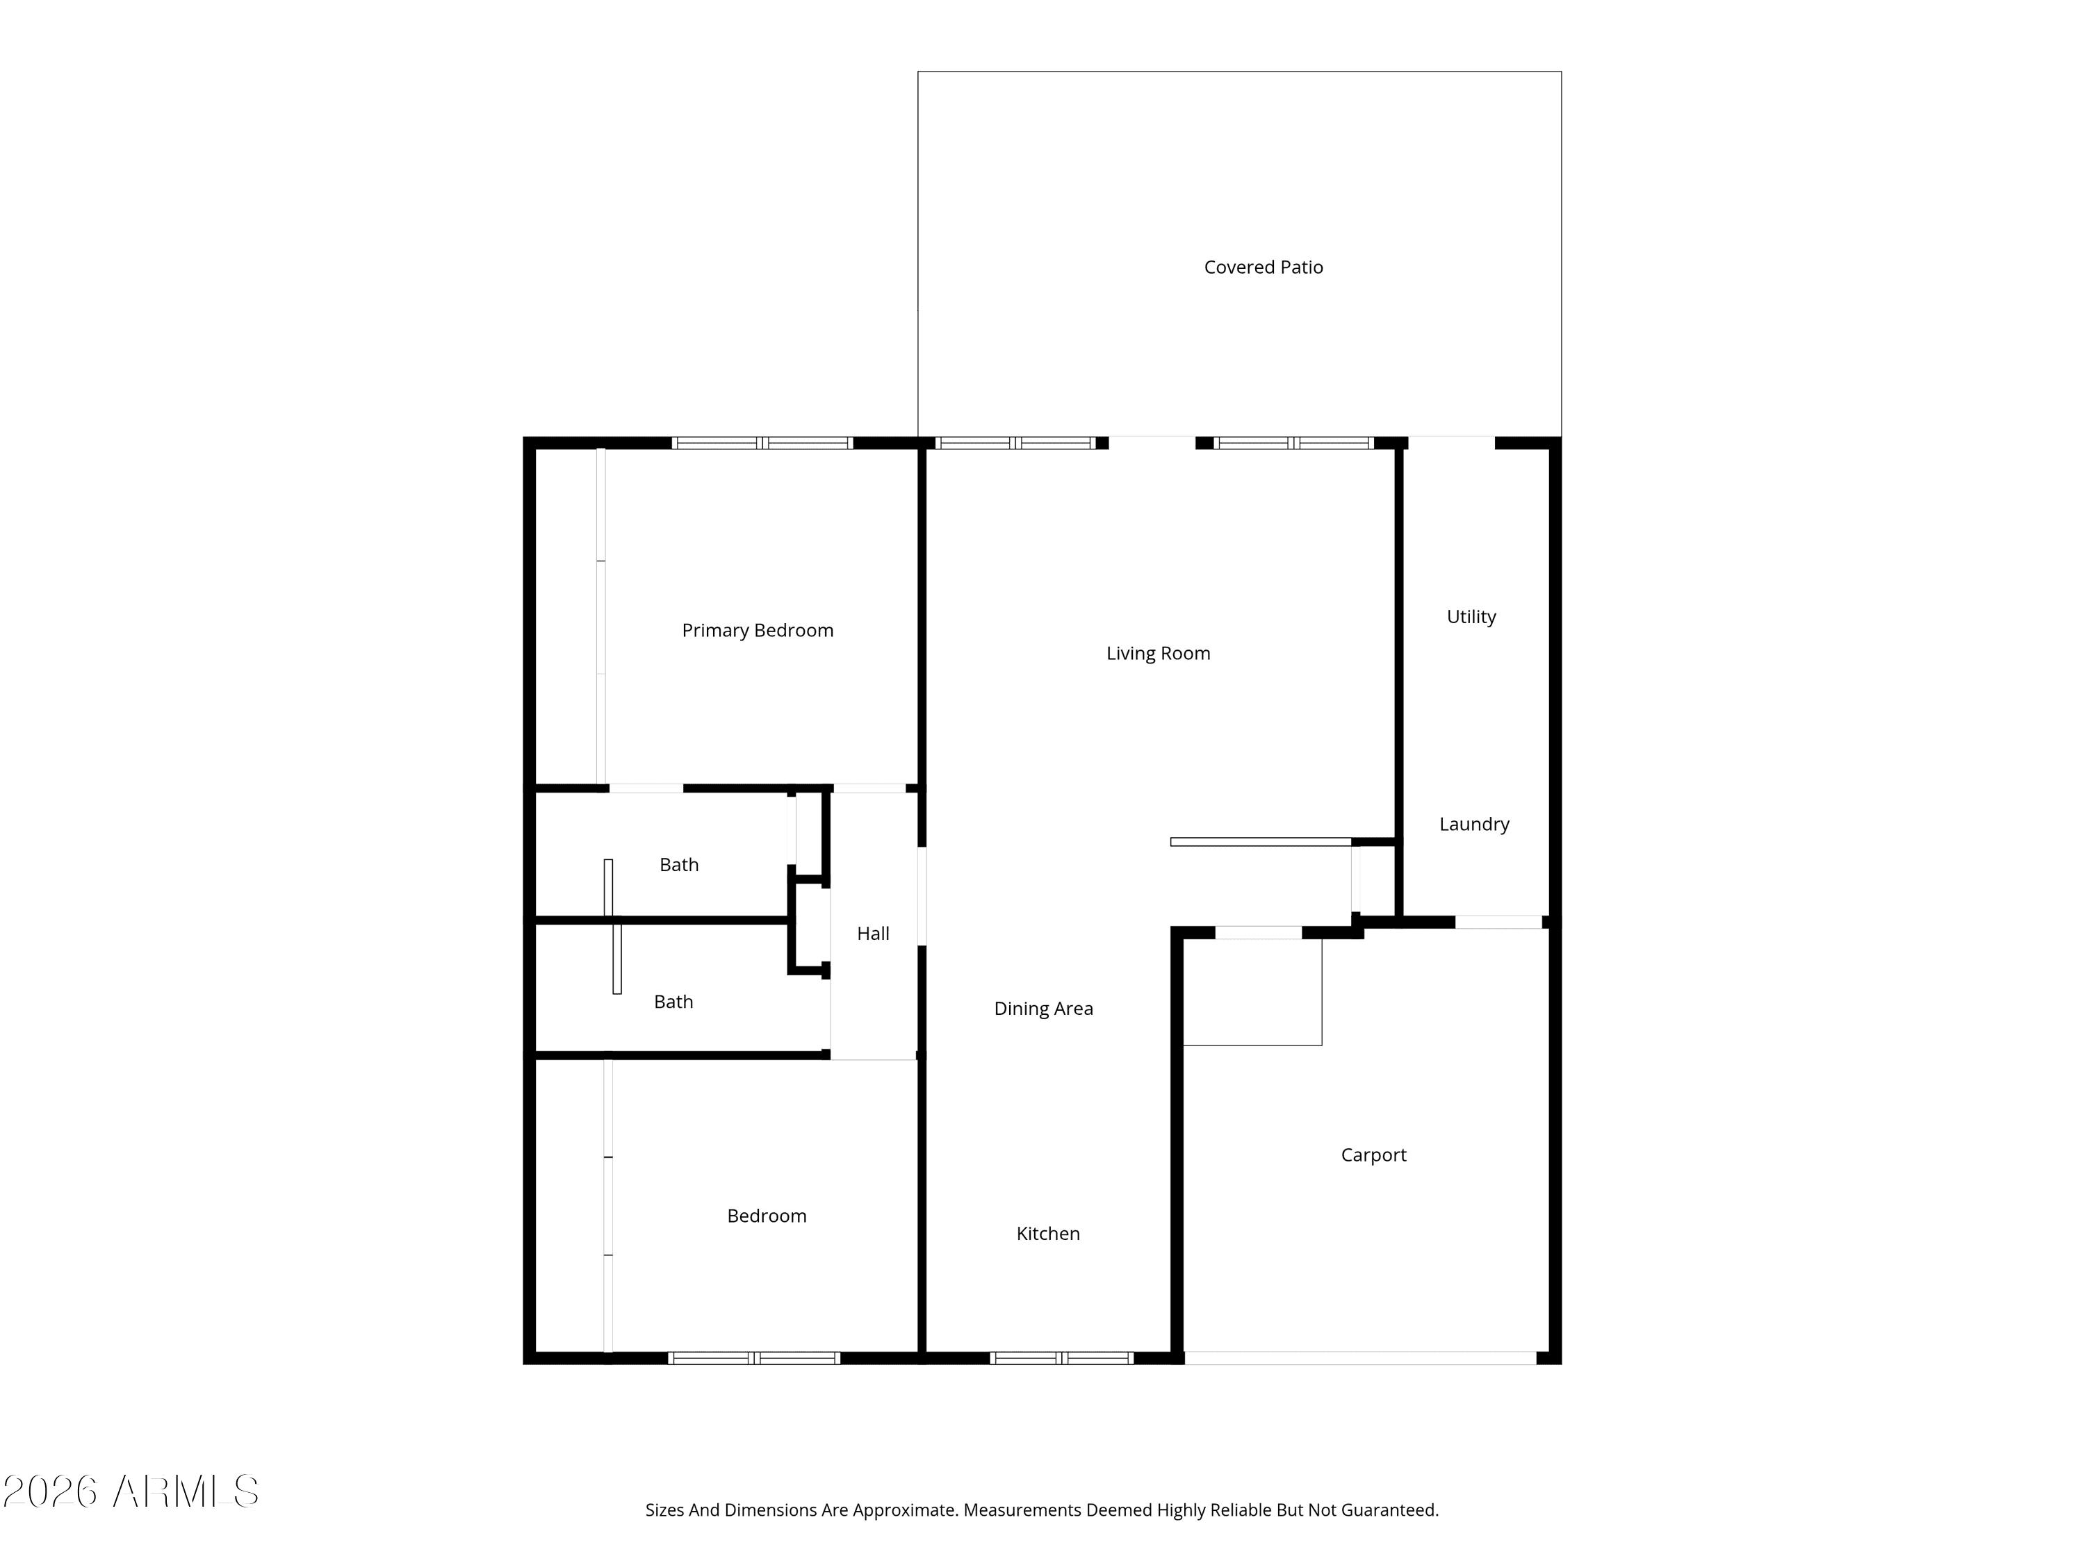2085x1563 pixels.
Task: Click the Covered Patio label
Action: pos(1263,267)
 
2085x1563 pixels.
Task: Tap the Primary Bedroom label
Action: pos(758,630)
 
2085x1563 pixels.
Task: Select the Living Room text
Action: pos(1159,654)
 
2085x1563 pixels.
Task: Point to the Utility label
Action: pos(1471,617)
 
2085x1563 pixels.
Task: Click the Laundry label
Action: pos(1474,825)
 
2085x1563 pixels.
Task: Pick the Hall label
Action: pos(873,934)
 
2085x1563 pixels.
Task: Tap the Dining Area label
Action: pos(1043,1009)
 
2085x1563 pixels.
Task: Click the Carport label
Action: pos(1373,1155)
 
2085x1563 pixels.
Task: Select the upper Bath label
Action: pos(678,865)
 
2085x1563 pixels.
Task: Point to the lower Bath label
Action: pos(673,1002)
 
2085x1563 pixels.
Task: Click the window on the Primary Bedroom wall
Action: pos(762,443)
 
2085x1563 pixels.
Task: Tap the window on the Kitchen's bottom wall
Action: pos(1061,1357)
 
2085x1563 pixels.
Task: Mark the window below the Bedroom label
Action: pos(754,1357)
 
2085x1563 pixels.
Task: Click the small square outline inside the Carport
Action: pos(1252,993)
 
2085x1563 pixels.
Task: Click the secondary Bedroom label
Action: pos(767,1216)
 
